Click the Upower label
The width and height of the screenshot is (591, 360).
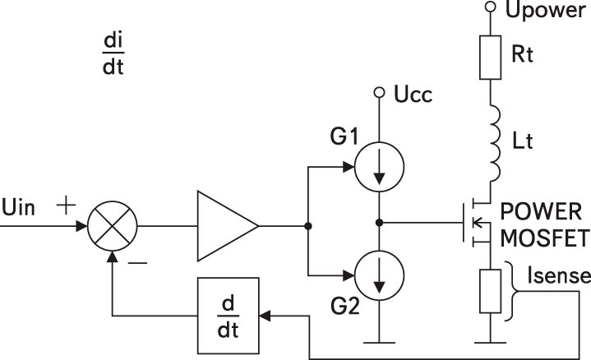pyautogui.click(x=545, y=11)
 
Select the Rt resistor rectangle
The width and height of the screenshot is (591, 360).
pyautogui.click(x=490, y=58)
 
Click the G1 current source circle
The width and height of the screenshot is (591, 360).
pyautogui.click(x=379, y=167)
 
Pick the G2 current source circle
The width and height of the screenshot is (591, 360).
pyautogui.click(x=379, y=275)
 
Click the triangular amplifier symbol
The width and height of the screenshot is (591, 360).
pyautogui.click(x=228, y=226)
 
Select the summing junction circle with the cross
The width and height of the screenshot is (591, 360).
pyautogui.click(x=113, y=226)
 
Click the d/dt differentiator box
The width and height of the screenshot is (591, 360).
pyautogui.click(x=229, y=316)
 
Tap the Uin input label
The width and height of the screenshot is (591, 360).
pyautogui.click(x=18, y=208)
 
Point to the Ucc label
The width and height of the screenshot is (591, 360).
pyautogui.click(x=413, y=95)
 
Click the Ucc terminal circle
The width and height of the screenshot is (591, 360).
pyautogui.click(x=379, y=92)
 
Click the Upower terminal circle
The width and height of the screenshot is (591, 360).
pyautogui.click(x=490, y=7)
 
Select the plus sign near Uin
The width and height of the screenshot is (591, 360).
pyautogui.click(x=66, y=205)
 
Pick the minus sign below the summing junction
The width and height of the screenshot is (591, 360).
pyautogui.click(x=137, y=263)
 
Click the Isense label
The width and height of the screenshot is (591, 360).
pyautogui.click(x=559, y=275)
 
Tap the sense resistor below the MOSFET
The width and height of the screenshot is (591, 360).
pyautogui.click(x=490, y=291)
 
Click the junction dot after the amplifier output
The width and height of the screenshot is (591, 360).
pyautogui.click(x=308, y=226)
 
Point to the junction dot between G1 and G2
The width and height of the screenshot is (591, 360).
pyautogui.click(x=379, y=223)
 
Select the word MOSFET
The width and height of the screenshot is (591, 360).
pyautogui.click(x=544, y=238)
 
